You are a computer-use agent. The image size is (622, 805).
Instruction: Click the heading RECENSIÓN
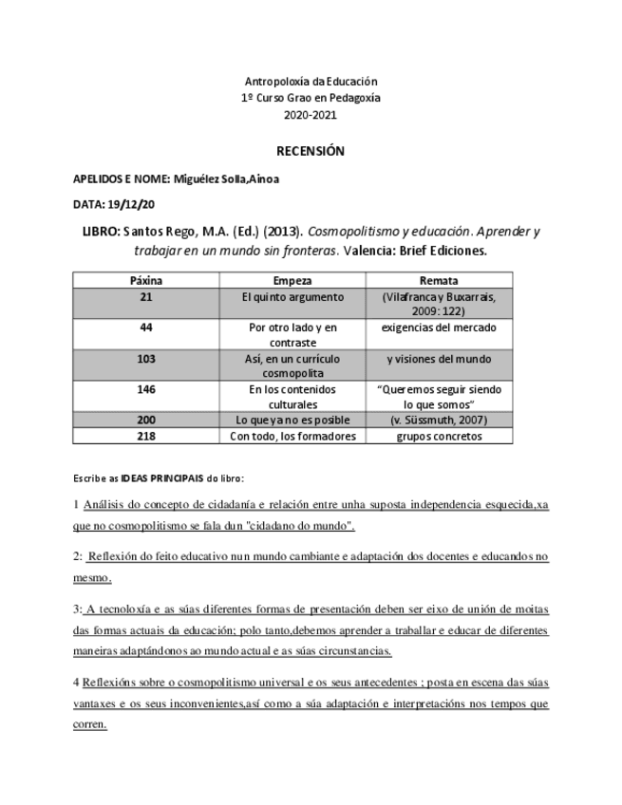pos(311,151)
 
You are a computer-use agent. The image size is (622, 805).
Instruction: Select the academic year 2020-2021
pos(311,116)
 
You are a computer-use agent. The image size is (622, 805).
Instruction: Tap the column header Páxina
pos(145,281)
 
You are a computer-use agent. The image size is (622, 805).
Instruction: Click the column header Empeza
pos(292,281)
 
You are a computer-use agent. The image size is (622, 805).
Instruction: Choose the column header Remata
pos(439,281)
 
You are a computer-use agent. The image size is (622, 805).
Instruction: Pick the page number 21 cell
pos(145,297)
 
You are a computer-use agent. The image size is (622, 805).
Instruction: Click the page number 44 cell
pos(145,328)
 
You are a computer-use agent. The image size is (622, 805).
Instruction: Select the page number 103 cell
pos(145,359)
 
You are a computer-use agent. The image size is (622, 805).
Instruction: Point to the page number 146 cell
pos(145,389)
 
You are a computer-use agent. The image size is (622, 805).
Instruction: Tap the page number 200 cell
pos(145,420)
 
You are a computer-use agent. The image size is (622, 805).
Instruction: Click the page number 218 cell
pos(145,436)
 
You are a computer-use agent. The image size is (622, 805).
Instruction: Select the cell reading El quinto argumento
pos(292,297)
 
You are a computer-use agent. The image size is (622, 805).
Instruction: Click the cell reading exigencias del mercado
pos(439,328)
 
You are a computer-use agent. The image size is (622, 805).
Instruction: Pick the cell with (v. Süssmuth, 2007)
pos(439,420)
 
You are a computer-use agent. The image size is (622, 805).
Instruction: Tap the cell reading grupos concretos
pos(439,436)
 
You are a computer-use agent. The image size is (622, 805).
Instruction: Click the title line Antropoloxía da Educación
pos(311,82)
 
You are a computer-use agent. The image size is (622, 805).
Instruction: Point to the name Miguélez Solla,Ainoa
pos(226,178)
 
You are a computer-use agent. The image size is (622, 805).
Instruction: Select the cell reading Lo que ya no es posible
pos(292,420)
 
